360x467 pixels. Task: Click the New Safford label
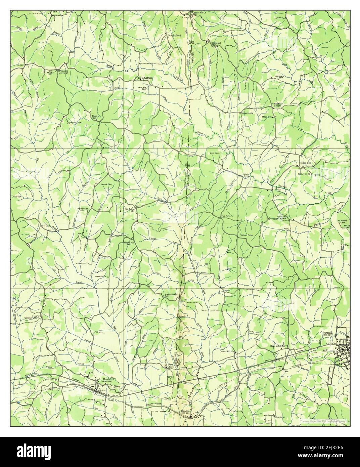(x=145, y=78)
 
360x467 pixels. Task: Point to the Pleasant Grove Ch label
(x=63, y=72)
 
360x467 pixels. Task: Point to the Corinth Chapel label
(x=32, y=317)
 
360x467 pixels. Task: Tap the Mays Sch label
(x=267, y=117)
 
